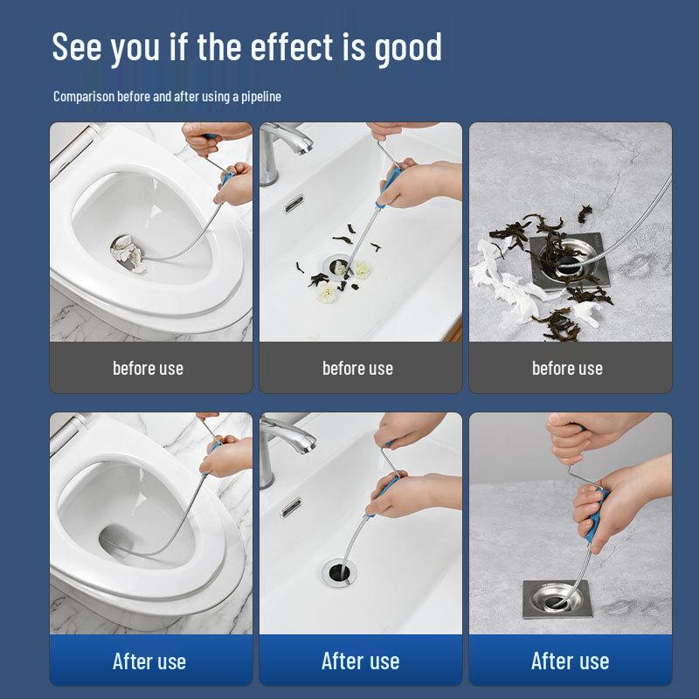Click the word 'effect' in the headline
tap(292, 46)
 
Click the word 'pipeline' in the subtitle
tap(261, 97)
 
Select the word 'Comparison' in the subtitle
tap(84, 97)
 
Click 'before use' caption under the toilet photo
tap(148, 369)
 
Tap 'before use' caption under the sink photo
tap(357, 369)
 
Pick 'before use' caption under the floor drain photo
tap(567, 369)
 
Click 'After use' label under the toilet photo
tap(149, 661)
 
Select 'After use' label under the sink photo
tap(360, 661)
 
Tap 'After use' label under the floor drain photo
tap(571, 661)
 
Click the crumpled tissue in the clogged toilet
tap(129, 253)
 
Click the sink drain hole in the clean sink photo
tap(339, 572)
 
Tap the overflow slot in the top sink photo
tap(294, 204)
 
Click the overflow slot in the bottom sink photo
tap(291, 508)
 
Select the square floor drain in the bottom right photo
tap(557, 599)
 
